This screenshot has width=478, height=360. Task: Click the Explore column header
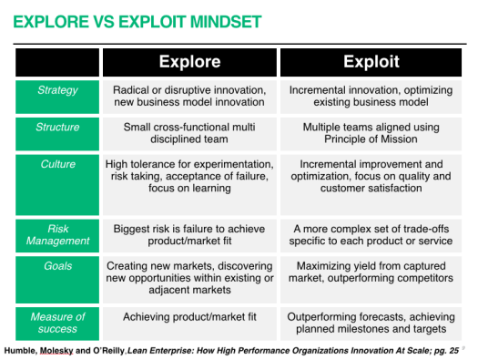click(x=189, y=62)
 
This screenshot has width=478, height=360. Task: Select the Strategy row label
click(x=57, y=90)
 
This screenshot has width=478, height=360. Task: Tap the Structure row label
click(x=57, y=128)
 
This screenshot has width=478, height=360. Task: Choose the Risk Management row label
click(x=57, y=235)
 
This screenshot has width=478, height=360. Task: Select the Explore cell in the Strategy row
click(x=189, y=97)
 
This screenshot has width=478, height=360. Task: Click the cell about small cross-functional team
click(x=189, y=134)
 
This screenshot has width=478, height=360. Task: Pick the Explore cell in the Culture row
click(x=189, y=176)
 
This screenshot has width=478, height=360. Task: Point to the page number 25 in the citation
click(x=452, y=351)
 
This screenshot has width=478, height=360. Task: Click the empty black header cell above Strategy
click(x=57, y=62)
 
